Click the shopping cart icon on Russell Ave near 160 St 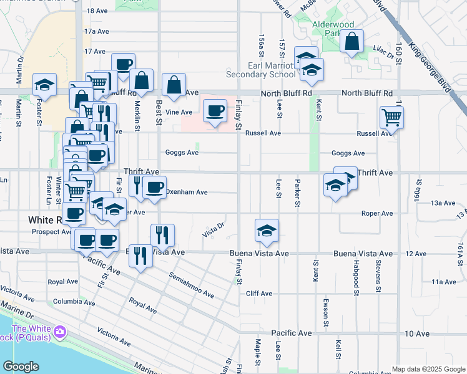point(391,117)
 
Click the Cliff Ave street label point(259,294)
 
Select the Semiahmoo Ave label point(191,285)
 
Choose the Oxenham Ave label point(187,193)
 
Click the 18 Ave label point(97,11)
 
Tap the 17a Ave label point(97,31)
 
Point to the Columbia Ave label point(69,301)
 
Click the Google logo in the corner point(21,367)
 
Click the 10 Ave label point(417,333)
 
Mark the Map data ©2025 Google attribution point(428,369)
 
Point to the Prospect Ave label point(51,232)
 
